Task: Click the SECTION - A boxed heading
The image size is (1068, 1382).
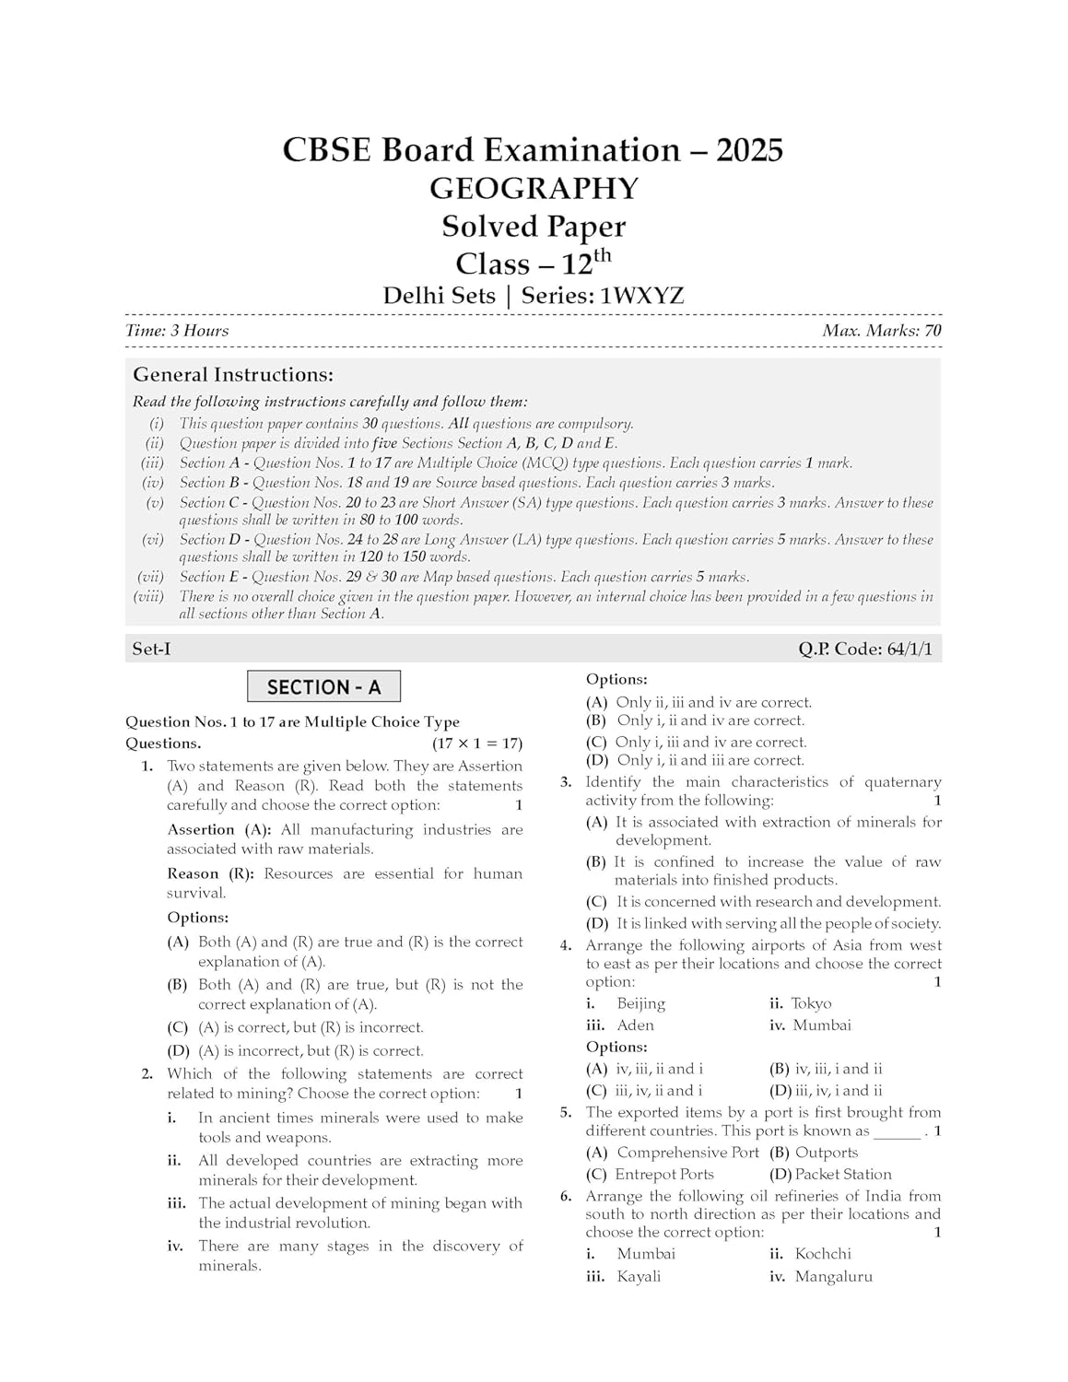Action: point(323,687)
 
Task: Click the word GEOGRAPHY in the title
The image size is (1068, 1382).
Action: point(534,189)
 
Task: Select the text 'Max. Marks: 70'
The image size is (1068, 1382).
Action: point(882,331)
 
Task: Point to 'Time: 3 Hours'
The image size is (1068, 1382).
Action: point(177,331)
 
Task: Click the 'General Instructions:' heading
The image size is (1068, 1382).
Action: point(233,375)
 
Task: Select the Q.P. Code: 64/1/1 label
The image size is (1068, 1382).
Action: point(865,650)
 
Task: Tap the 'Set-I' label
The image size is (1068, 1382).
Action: point(151,650)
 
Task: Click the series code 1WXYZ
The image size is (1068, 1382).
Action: point(642,296)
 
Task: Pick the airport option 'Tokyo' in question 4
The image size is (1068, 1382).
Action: point(811,1003)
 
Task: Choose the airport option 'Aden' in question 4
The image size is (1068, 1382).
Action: point(635,1025)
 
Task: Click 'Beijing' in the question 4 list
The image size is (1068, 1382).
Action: point(640,1003)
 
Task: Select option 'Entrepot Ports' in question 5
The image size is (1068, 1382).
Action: point(664,1175)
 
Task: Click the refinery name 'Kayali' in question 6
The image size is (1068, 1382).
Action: point(639,1277)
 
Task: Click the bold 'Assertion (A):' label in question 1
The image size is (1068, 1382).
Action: point(219,830)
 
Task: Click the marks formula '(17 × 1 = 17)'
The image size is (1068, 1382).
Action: point(477,744)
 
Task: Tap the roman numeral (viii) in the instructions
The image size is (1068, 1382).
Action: point(148,597)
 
